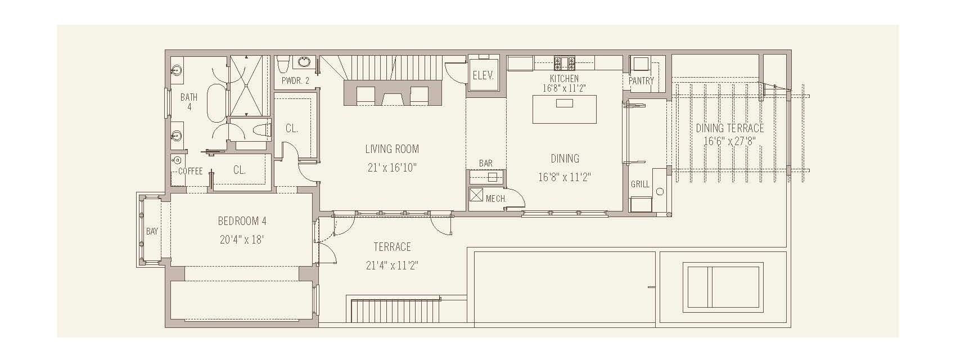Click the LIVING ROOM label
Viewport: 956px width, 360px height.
click(392, 149)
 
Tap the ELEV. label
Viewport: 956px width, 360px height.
click(483, 75)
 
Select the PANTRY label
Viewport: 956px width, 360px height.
click(641, 81)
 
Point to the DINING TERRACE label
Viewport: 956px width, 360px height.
click(729, 128)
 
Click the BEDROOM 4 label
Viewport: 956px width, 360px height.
click(242, 221)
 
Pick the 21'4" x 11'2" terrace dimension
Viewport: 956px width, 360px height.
click(392, 265)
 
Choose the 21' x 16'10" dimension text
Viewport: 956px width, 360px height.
click(392, 167)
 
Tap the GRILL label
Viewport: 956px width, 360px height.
click(640, 184)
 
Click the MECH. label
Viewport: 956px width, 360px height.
click(496, 199)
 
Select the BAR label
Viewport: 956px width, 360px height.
click(486, 163)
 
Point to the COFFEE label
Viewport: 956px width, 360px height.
click(190, 171)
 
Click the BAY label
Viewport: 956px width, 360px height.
click(152, 231)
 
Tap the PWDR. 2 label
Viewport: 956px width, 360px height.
click(295, 80)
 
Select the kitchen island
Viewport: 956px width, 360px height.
click(565, 109)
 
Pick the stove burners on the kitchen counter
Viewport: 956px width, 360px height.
click(565, 61)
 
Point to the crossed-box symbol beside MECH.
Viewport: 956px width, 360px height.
click(476, 195)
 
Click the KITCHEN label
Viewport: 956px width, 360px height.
click(564, 79)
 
